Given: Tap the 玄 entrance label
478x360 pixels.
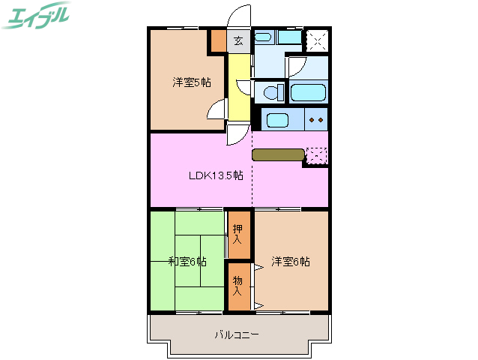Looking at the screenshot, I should pos(238,41).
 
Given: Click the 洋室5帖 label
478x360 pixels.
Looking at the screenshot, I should pos(191,82).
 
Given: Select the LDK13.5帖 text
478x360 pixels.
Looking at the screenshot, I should pos(215,175).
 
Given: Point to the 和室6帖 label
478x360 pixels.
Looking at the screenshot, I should pos(187,261).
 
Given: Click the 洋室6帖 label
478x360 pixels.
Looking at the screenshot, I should pos(291,261).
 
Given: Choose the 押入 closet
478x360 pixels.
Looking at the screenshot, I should pos(238,235).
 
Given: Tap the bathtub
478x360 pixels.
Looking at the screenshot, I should pos(307,93).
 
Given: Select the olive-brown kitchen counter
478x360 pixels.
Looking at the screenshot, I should pos(277,155).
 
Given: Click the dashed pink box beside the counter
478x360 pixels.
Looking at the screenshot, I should pos(316,155).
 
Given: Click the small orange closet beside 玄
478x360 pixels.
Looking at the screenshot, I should pos(218,40).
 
